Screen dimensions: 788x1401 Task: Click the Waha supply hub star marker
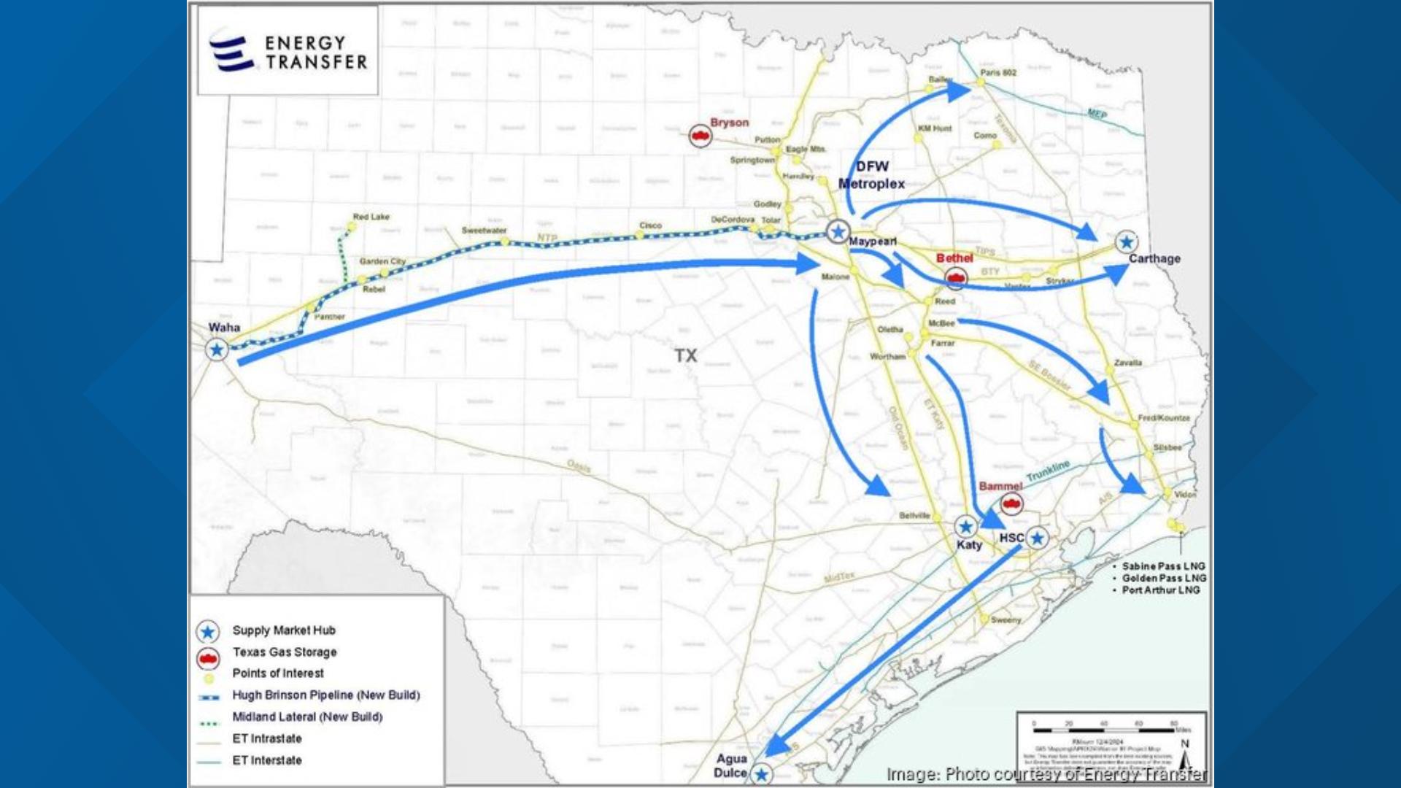pyautogui.click(x=217, y=350)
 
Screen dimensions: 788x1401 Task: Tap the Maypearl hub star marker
pyautogui.click(x=838, y=232)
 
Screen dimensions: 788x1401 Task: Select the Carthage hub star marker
pyautogui.click(x=1127, y=242)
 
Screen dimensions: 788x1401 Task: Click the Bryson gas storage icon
pyautogui.click(x=700, y=136)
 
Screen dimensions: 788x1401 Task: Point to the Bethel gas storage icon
pyautogui.click(x=955, y=278)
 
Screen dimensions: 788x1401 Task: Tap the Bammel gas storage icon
pyautogui.click(x=1011, y=503)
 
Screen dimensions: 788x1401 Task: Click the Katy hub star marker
pyautogui.click(x=965, y=526)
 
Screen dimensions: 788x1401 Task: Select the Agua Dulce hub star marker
pyautogui.click(x=762, y=774)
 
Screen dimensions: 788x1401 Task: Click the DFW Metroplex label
pyautogui.click(x=871, y=175)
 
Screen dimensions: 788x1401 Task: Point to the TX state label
pyautogui.click(x=685, y=355)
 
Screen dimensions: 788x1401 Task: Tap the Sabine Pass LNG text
pyautogui.click(x=1163, y=566)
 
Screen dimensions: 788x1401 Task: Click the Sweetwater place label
pyautogui.click(x=484, y=231)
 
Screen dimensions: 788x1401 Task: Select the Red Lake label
pyautogui.click(x=371, y=217)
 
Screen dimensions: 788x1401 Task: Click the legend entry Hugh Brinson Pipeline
pyautogui.click(x=325, y=695)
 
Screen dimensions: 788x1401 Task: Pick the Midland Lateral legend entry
pyautogui.click(x=307, y=717)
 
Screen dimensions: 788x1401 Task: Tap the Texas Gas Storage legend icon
pyautogui.click(x=208, y=659)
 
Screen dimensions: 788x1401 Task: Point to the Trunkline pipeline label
pyautogui.click(x=1048, y=471)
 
